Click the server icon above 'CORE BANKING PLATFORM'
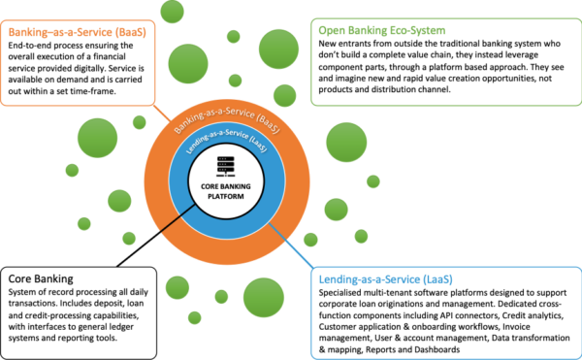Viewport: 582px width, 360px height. [x=229, y=166]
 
